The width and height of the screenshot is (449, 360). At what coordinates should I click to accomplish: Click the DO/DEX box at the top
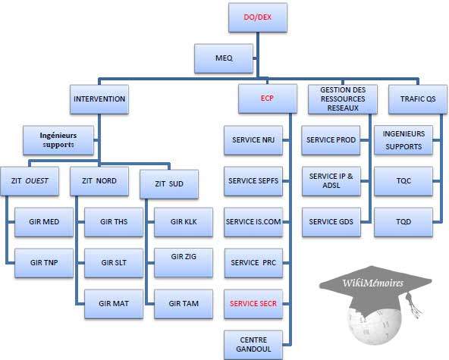click(258, 17)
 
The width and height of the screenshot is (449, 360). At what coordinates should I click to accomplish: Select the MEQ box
click(224, 57)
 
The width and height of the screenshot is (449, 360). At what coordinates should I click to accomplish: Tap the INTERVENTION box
click(99, 99)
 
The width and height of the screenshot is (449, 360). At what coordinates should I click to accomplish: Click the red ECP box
click(266, 99)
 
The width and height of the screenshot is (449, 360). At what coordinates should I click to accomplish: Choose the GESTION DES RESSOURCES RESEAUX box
click(338, 99)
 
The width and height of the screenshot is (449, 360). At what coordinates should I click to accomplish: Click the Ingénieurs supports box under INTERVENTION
click(58, 139)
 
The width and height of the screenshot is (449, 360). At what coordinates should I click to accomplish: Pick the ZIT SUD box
click(168, 183)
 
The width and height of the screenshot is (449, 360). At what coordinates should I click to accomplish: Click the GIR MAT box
click(111, 302)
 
